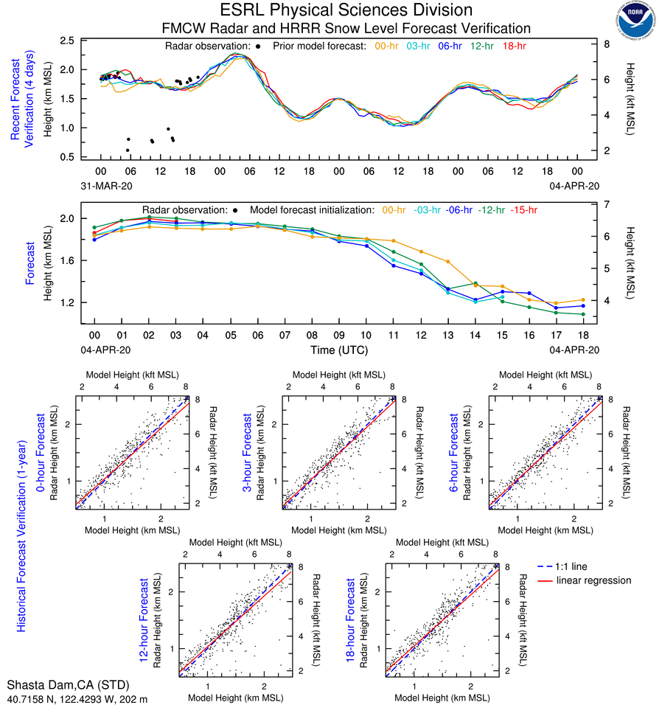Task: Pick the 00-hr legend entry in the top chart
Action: (389, 46)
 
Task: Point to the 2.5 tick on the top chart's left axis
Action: (68, 41)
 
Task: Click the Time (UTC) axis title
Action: (345, 350)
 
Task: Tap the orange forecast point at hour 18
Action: (583, 299)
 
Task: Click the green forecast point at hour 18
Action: (583, 314)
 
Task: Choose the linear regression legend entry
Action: (594, 580)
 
